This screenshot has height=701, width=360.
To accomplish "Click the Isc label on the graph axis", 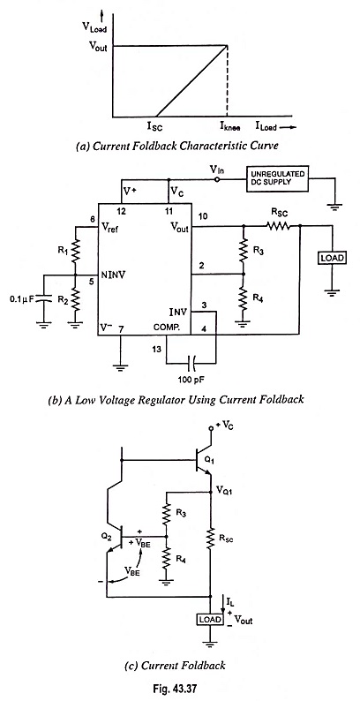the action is click(155, 127).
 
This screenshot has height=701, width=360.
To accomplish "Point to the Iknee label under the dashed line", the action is click(229, 127).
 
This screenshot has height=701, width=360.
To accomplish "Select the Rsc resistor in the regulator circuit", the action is click(279, 227).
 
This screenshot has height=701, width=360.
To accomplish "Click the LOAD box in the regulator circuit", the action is click(332, 259).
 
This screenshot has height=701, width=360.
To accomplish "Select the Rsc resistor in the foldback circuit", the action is click(210, 540).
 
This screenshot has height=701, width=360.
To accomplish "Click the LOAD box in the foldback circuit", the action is click(210, 619).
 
